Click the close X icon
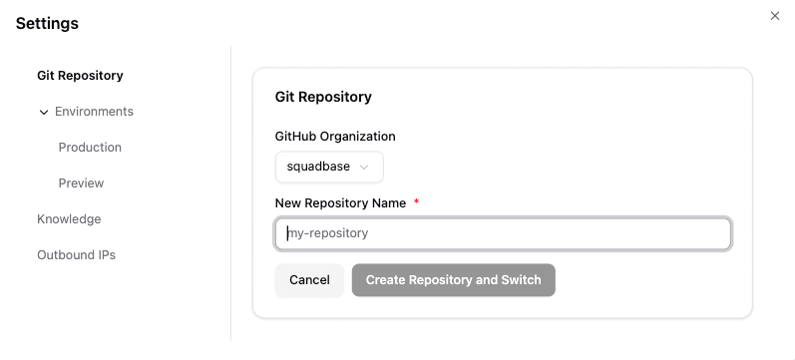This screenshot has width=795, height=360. point(775,16)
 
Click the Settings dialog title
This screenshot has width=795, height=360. point(47,23)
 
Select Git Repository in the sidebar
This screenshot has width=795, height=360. point(80,76)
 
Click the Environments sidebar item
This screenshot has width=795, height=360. point(94,112)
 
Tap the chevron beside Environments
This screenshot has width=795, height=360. point(44,113)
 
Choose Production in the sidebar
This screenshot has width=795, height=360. point(90,148)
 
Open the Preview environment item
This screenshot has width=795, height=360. point(81,183)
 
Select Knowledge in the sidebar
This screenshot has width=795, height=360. point(69,219)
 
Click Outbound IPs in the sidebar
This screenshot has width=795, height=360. point(76,255)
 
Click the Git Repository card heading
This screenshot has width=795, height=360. point(323,97)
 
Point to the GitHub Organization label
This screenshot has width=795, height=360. point(335,137)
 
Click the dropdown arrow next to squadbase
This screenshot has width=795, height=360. point(364,168)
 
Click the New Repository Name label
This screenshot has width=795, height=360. point(340,203)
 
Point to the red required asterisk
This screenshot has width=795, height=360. point(416,202)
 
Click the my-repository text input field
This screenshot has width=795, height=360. point(503,233)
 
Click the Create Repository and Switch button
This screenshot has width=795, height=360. point(453,280)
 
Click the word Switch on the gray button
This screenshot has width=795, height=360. point(520,280)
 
